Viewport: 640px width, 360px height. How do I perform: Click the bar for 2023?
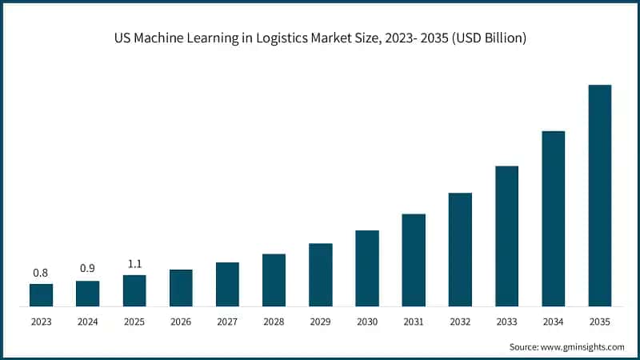coord(41,295)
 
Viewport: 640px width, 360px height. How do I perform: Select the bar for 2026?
coord(181,288)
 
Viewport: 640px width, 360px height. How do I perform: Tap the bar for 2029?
coord(320,274)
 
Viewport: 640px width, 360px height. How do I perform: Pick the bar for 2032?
coord(460,250)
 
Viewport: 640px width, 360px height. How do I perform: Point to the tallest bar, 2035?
coord(600,195)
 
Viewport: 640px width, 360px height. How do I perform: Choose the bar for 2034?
coord(554,218)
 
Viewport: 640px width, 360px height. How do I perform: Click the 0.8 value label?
coord(41,273)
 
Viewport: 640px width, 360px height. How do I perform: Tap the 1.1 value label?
coord(134,264)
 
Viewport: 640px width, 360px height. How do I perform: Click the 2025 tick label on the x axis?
coord(134,321)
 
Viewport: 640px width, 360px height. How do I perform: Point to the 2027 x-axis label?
coord(227,321)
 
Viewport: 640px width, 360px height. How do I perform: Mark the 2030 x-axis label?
coord(367,321)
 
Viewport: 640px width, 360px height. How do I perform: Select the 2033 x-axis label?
coord(506,321)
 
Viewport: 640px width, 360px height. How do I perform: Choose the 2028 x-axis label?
coord(274,321)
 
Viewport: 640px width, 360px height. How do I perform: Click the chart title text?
coord(320,38)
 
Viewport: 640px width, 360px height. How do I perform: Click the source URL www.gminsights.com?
coord(583,346)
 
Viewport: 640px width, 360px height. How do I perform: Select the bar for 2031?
coord(414,260)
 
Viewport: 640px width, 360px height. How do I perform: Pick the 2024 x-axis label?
coord(87,321)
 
